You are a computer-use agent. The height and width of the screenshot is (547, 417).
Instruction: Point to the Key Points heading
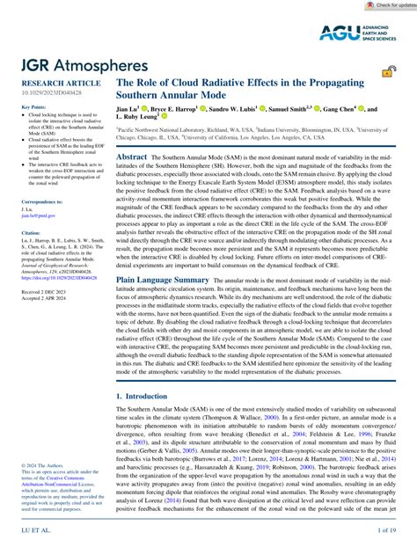[x=32, y=106]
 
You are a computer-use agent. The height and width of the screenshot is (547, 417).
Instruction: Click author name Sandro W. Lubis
[x=245, y=110]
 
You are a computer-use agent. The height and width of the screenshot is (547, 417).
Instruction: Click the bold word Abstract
[x=132, y=154]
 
